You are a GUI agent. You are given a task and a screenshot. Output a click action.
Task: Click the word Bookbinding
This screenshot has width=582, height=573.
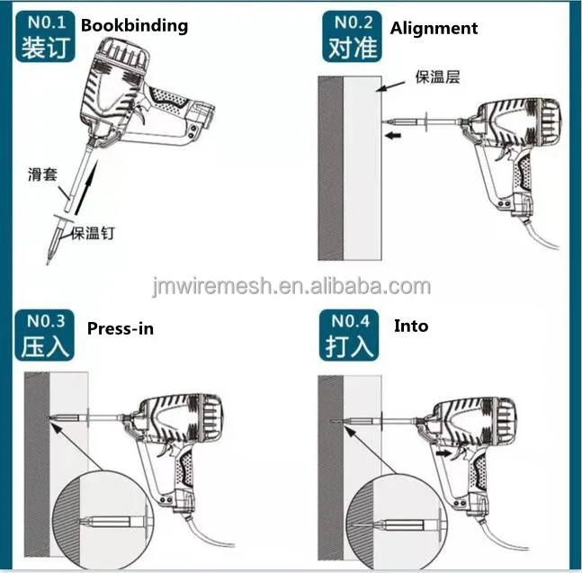point(134,25)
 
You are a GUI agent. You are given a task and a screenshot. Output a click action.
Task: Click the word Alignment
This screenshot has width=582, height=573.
point(434,29)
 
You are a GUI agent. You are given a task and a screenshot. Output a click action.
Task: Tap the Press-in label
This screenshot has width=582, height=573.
point(121,328)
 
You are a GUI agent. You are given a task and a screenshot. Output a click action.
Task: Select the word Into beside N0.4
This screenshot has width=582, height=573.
point(411,326)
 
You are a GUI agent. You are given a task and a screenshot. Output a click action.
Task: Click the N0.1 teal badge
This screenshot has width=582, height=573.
point(45,36)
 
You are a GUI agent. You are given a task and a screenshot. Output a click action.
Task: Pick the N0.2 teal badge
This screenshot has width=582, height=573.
point(352,36)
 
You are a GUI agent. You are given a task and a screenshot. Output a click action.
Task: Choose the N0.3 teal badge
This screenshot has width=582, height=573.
point(45,336)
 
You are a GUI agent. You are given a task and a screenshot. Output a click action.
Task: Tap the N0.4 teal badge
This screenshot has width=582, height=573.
point(349,336)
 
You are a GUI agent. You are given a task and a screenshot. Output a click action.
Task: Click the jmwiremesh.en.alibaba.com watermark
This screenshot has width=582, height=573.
point(291,286)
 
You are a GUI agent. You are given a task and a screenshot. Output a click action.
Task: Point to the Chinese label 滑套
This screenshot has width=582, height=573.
point(42,174)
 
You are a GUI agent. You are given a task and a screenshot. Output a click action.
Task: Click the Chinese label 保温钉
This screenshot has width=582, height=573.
point(93,234)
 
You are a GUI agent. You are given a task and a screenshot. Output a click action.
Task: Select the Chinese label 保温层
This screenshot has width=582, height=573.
point(437,76)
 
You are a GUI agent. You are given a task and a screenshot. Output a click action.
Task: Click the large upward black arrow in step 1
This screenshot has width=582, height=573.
point(87,187)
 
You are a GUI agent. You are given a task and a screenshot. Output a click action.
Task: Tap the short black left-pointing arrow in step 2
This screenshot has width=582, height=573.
point(393,136)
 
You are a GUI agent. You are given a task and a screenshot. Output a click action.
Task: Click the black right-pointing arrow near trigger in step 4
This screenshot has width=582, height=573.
point(443,453)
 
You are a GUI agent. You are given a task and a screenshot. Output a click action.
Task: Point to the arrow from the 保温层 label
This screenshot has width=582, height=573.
point(390,86)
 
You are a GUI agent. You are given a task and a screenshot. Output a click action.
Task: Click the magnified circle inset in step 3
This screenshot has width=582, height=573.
point(103,520)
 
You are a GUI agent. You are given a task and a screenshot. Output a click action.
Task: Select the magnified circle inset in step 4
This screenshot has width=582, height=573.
point(397,521)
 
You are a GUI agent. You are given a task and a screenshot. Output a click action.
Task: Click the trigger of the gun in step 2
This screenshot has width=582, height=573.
point(502,152)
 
